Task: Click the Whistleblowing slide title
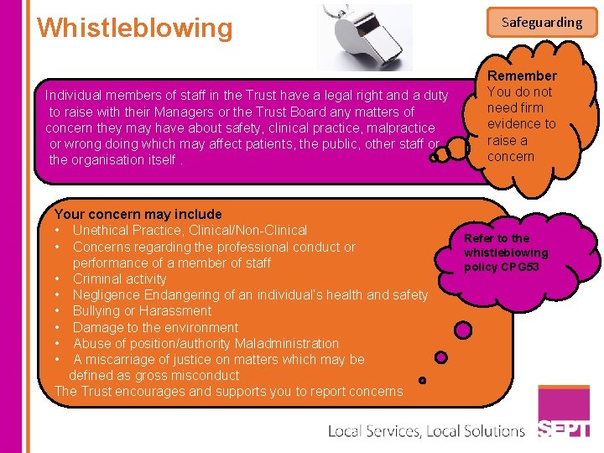tap(134, 28)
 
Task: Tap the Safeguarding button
tap(541, 22)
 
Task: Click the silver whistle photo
tap(364, 36)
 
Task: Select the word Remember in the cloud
tap(522, 76)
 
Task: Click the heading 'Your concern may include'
tap(138, 214)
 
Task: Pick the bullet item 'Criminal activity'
tap(119, 279)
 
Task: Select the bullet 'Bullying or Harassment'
tap(142, 310)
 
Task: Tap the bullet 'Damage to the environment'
tap(155, 327)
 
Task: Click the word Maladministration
tap(287, 343)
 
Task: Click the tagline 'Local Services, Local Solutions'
tap(425, 431)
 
